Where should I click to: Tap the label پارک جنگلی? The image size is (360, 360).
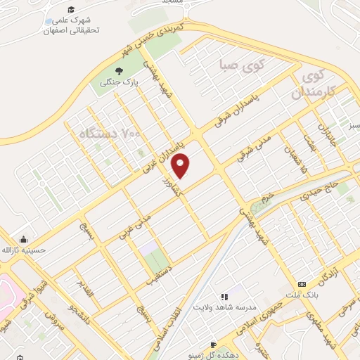pyautogui.click(x=118, y=84)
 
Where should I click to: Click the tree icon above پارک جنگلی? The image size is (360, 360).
pyautogui.click(x=118, y=72)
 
